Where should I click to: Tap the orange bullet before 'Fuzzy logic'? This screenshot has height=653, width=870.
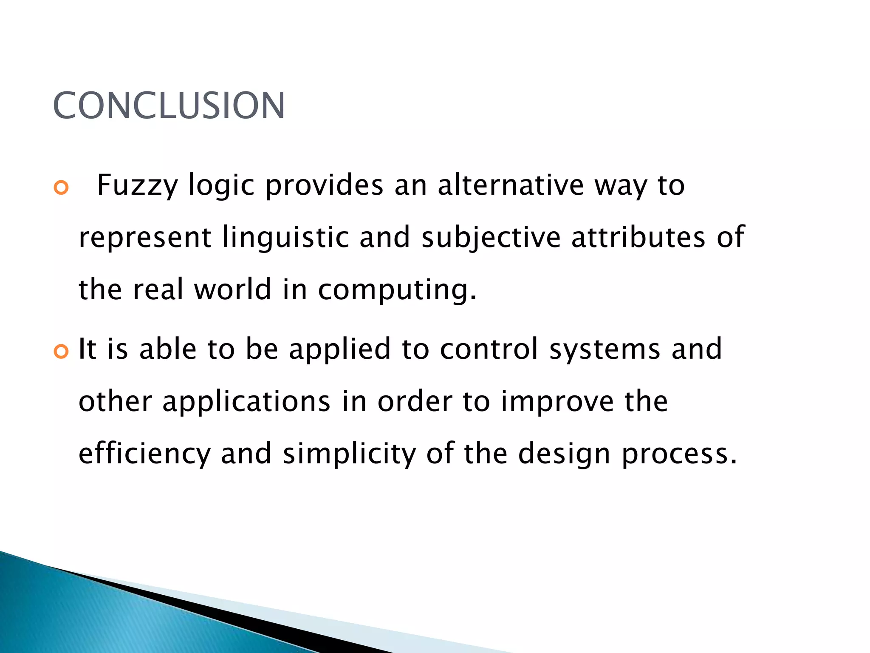pos(61,187)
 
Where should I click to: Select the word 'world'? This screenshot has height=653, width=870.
pos(233,290)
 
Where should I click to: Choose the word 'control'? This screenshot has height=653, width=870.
pos(489,349)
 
